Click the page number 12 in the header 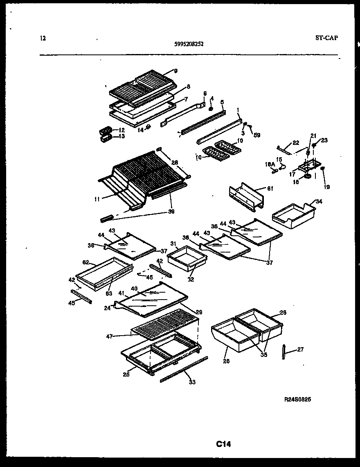tap(43, 38)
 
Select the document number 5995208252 tap(187, 43)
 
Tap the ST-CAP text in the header tap(326, 38)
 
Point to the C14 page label tap(223, 444)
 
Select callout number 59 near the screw tap(256, 135)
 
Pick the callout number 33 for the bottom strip tap(192, 382)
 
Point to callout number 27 tap(300, 350)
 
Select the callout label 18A tap(270, 164)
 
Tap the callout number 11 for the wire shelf tap(97, 199)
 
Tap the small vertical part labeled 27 tap(283, 352)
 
